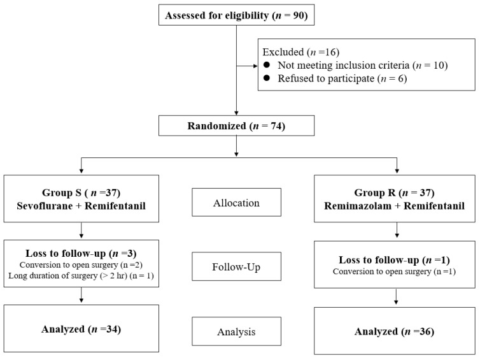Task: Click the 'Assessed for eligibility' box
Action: pos(236,15)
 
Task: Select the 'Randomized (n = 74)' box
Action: pos(236,126)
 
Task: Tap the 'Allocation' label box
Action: pos(236,202)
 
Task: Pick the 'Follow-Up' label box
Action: pos(236,266)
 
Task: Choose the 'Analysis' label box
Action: pos(236,331)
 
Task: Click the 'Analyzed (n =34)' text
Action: pos(81,329)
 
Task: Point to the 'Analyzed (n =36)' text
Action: pos(394,331)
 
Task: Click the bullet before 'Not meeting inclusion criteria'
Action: pos(267,65)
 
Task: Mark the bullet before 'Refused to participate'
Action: pos(267,78)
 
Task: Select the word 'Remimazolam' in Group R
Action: pos(358,206)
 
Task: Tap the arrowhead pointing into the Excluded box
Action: pos(255,66)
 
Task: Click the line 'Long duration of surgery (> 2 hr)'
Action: pos(67,276)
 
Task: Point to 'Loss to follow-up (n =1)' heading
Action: pos(394,260)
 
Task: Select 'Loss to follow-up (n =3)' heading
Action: pos(81,254)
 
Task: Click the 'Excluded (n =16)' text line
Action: pos(301,52)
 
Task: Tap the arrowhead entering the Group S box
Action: pos(81,170)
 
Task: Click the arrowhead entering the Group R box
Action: pos(397,170)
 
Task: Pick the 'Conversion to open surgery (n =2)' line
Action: pos(81,264)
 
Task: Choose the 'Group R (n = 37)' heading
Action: pos(394,192)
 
